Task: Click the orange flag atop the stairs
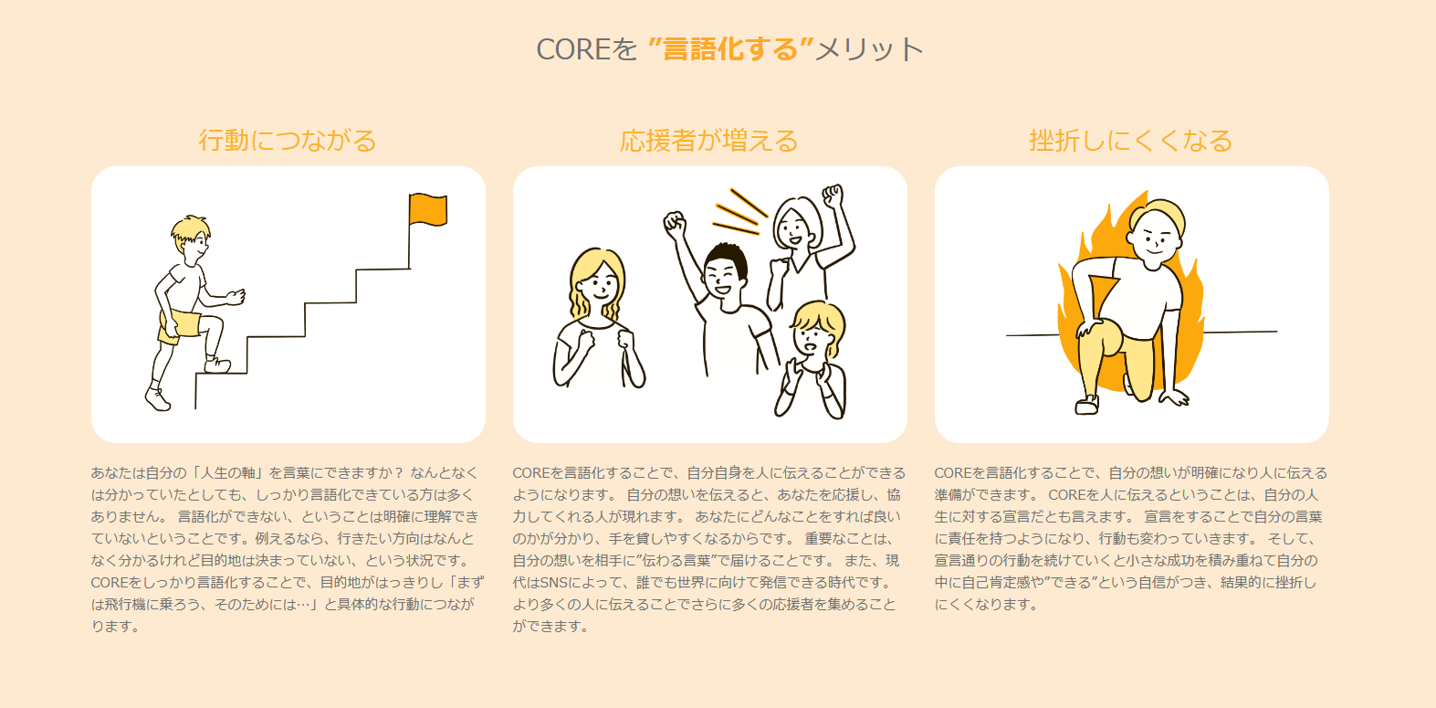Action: click(x=428, y=209)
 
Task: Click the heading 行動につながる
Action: click(x=288, y=141)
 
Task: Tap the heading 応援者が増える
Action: click(x=709, y=141)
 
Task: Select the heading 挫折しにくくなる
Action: click(x=1131, y=141)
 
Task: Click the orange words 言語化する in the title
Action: click(x=730, y=48)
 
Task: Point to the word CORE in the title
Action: click(x=567, y=49)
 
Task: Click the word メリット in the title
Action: click(x=869, y=49)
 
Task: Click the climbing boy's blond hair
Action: click(x=191, y=228)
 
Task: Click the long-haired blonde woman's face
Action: click(x=599, y=286)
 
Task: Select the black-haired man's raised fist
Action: click(x=674, y=223)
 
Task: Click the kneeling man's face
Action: click(x=1156, y=238)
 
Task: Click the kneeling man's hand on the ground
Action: click(x=1174, y=396)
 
